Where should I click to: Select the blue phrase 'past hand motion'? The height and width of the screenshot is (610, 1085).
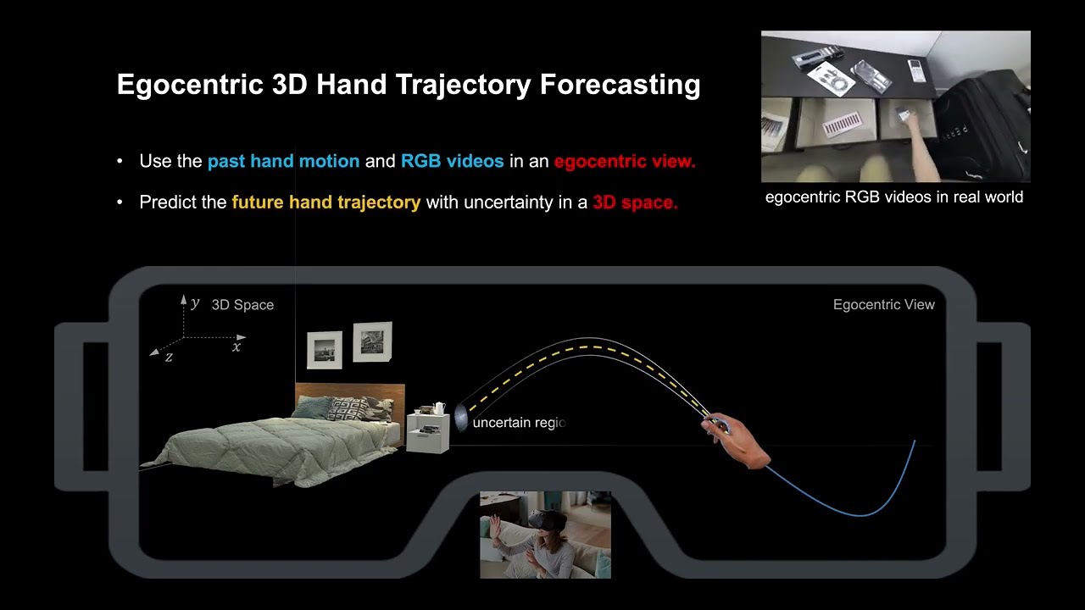(283, 161)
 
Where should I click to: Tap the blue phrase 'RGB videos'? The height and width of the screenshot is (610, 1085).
(452, 161)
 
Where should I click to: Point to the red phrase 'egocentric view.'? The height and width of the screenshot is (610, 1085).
(625, 161)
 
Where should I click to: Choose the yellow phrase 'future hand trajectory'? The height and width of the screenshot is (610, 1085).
(325, 202)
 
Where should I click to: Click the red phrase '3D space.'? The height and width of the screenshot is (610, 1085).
(635, 202)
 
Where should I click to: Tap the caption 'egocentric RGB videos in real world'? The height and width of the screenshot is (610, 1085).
(893, 197)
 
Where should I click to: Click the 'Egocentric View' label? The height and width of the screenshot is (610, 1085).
(883, 305)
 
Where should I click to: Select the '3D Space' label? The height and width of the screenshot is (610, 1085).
(242, 305)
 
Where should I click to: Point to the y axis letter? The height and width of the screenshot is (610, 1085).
(195, 302)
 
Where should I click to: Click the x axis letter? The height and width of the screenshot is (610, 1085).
(236, 346)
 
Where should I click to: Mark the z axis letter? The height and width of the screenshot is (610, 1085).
(169, 357)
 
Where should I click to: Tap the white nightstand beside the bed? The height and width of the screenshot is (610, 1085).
(428, 433)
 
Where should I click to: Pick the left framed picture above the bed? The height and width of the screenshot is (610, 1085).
(324, 350)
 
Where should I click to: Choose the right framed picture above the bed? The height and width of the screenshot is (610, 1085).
(372, 341)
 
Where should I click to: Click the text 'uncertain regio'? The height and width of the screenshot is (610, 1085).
(518, 423)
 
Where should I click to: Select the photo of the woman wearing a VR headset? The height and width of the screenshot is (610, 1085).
(545, 535)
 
